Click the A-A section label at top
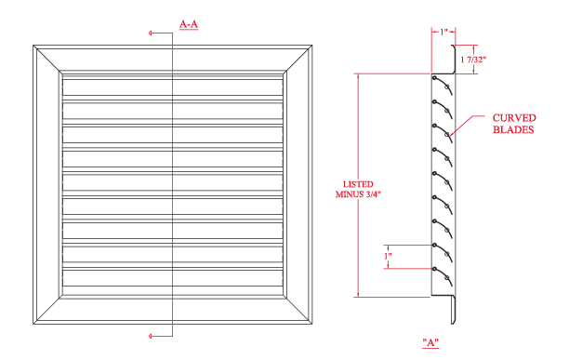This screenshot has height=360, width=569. (x=189, y=25)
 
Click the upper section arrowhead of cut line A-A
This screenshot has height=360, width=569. (x=151, y=33)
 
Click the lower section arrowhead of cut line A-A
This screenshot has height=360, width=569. (x=151, y=336)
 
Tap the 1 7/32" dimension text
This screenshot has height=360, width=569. (x=473, y=60)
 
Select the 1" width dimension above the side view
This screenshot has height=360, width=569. (x=443, y=33)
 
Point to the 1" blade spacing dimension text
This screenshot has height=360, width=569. (x=388, y=256)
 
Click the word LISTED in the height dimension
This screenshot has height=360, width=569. (x=358, y=184)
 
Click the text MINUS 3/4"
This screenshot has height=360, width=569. (x=358, y=194)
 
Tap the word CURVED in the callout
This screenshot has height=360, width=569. (x=514, y=118)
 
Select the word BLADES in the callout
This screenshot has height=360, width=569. (x=513, y=129)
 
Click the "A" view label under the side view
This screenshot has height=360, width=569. (x=430, y=342)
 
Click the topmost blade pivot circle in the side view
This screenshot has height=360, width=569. (x=434, y=77)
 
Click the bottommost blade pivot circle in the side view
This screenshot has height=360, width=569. (x=434, y=269)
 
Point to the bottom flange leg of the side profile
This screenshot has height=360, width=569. (x=454, y=310)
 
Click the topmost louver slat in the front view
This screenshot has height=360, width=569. (x=172, y=87)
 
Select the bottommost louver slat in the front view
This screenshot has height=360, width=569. (x=172, y=278)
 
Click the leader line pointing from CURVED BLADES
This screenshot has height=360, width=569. (x=468, y=125)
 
